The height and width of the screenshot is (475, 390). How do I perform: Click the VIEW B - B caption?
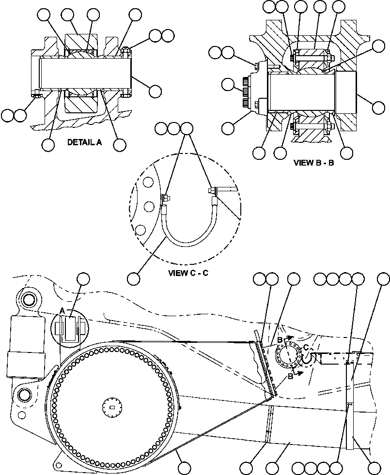[314, 163]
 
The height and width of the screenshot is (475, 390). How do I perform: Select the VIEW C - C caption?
[188, 273]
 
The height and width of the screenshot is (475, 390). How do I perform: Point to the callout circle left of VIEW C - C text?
[134, 278]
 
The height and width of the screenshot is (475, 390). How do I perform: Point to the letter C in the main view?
[306, 347]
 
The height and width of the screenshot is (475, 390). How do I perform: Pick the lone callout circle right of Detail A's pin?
[156, 91]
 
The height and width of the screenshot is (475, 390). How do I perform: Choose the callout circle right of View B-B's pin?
[378, 104]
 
